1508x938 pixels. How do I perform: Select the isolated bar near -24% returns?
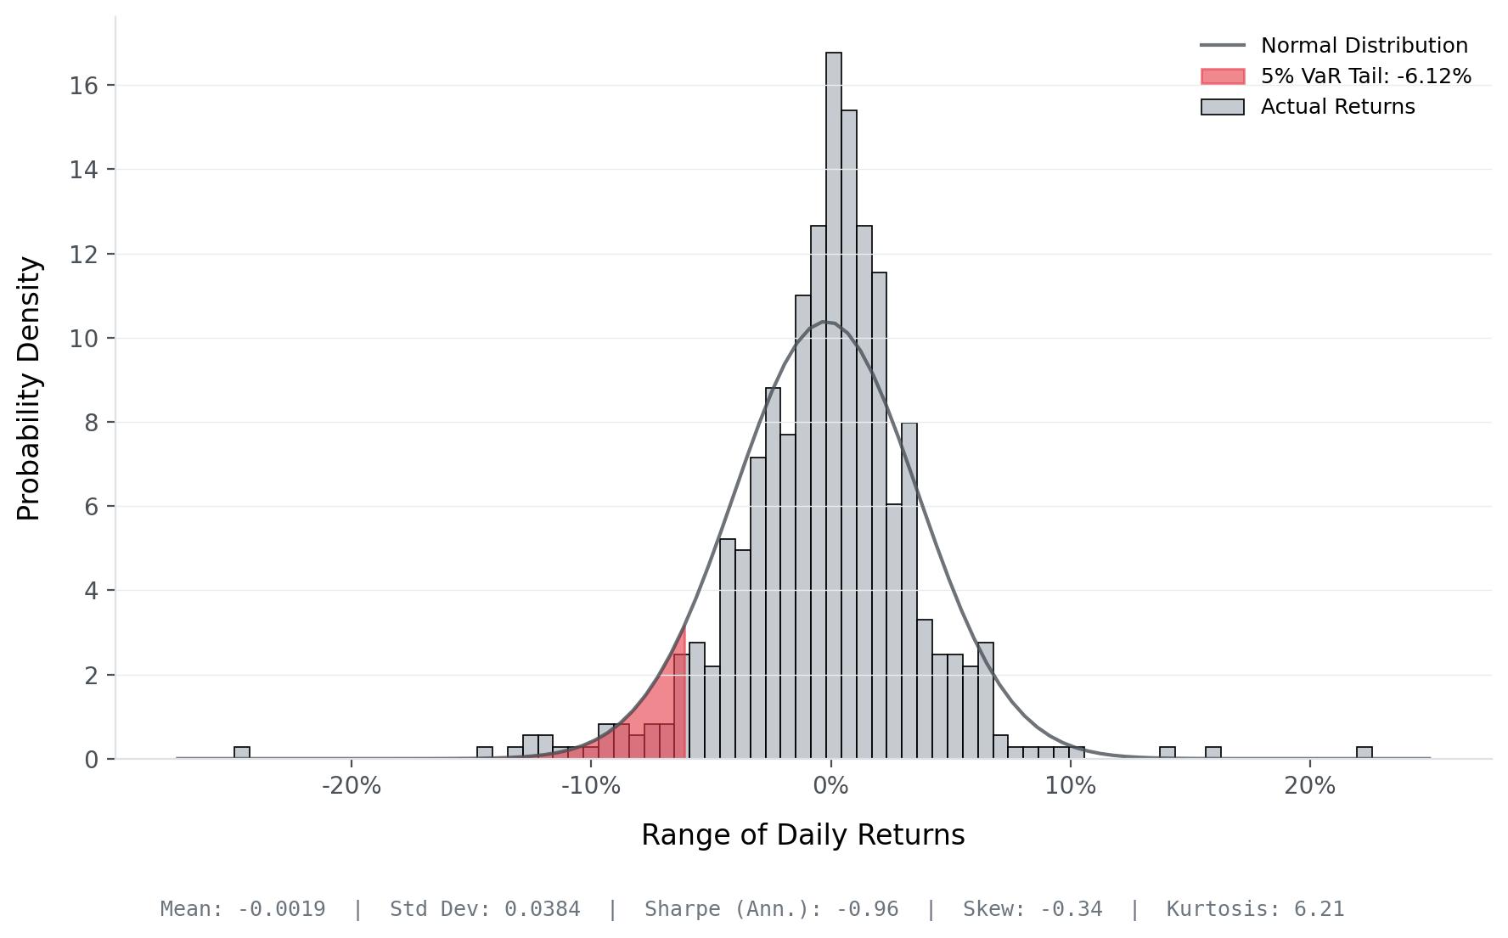pyautogui.click(x=242, y=753)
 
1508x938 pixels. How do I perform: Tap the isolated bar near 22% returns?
pyautogui.click(x=1364, y=753)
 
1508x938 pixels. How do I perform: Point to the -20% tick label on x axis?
pyautogui.click(x=352, y=786)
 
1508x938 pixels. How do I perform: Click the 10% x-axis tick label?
pyautogui.click(x=1071, y=786)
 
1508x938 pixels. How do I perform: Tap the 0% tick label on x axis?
pyautogui.click(x=830, y=786)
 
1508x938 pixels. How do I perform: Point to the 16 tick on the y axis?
pyautogui.click(x=84, y=86)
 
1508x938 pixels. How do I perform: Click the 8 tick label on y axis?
pyautogui.click(x=91, y=423)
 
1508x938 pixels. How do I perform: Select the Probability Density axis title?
pyautogui.click(x=29, y=388)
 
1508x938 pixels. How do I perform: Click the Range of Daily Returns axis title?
pyautogui.click(x=802, y=835)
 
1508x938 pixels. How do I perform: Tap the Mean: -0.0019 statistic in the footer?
pyautogui.click(x=243, y=909)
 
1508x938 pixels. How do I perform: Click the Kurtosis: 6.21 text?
pyautogui.click(x=1255, y=909)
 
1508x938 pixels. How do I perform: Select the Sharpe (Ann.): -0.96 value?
pyautogui.click(x=771, y=909)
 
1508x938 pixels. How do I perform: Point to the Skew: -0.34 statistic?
pyautogui.click(x=1033, y=909)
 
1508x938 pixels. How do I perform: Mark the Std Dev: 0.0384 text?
pyautogui.click(x=485, y=909)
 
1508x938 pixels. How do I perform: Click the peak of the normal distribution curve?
pyautogui.click(x=827, y=322)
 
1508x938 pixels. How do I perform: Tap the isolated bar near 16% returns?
pyautogui.click(x=1213, y=753)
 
